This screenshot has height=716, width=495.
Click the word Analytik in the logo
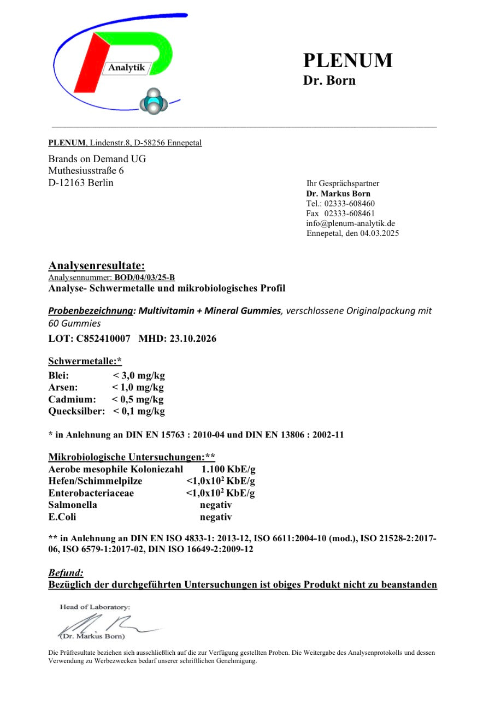pyautogui.click(x=127, y=68)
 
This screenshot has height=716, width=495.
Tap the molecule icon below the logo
pyautogui.click(x=154, y=102)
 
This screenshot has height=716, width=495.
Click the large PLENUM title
pyautogui.click(x=347, y=60)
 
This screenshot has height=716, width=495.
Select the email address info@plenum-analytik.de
pyautogui.click(x=350, y=223)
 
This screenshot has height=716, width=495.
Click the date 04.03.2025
pyautogui.click(x=379, y=233)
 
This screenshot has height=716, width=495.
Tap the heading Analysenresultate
pyautogui.click(x=97, y=266)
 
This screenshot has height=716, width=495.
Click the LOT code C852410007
pyautogui.click(x=103, y=339)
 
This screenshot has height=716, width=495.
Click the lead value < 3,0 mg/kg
pyautogui.click(x=139, y=376)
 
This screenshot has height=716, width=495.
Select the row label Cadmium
pyautogui.click(x=72, y=399)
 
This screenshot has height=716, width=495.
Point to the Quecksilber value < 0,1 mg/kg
pyautogui.click(x=139, y=411)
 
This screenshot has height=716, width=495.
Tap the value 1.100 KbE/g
pyautogui.click(x=228, y=469)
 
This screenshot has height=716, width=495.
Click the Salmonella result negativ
pyautogui.click(x=216, y=505)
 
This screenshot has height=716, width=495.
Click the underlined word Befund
pyautogui.click(x=66, y=573)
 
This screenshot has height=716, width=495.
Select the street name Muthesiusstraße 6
pyautogui.click(x=86, y=171)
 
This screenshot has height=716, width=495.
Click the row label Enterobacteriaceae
pyautogui.click(x=91, y=493)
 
